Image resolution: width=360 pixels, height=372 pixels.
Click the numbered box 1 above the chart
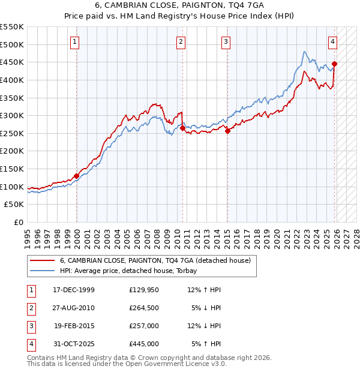74,41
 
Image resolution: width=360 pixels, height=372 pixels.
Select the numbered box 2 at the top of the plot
181,41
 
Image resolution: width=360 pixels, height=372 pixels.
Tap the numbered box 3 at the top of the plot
226,41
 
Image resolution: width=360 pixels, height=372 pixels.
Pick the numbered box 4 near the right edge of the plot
332,41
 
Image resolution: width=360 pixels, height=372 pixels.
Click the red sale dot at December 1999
77,176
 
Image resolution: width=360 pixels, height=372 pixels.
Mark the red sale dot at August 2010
182,128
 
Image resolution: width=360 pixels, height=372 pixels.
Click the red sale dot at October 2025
335,64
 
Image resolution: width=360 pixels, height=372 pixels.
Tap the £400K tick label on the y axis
12,80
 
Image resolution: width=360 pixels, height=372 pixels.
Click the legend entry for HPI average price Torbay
132,271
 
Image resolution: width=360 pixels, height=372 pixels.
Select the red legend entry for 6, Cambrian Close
158,260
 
